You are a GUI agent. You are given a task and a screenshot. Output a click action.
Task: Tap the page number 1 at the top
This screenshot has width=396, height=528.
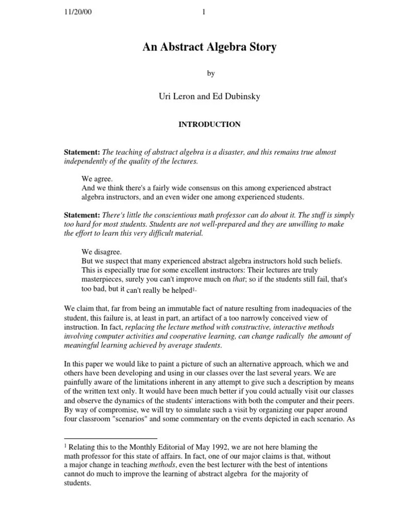point(204,13)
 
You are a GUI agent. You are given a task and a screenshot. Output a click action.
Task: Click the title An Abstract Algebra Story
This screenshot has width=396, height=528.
point(210,47)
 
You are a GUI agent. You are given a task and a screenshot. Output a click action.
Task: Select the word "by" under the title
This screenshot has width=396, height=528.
point(210,74)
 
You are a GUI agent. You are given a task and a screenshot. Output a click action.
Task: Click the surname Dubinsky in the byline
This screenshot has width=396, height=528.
point(241,97)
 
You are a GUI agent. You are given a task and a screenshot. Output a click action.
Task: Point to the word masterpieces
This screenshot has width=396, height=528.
point(101,279)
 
